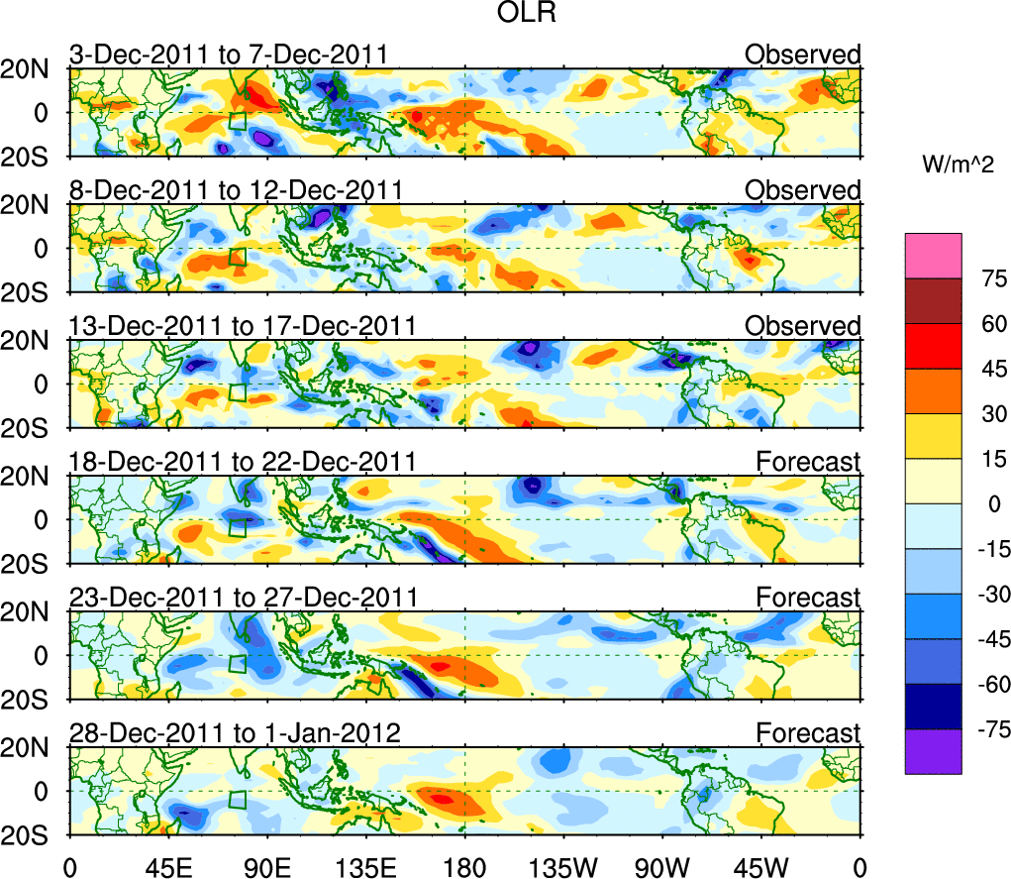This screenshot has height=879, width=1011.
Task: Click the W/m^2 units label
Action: tap(958, 165)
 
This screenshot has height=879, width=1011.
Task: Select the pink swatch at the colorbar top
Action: tap(933, 256)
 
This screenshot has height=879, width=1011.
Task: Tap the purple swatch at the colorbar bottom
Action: tap(933, 751)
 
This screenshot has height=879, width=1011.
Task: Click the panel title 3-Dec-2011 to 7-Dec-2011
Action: tap(227, 54)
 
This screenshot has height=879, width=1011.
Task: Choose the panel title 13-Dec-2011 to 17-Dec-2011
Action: tap(242, 325)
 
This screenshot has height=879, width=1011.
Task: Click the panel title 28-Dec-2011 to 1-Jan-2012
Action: tap(235, 733)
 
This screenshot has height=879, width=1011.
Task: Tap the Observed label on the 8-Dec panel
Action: tap(803, 189)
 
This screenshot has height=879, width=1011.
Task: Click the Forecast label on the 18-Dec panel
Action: tap(808, 461)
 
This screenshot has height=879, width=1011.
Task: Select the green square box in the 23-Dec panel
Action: tap(238, 664)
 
